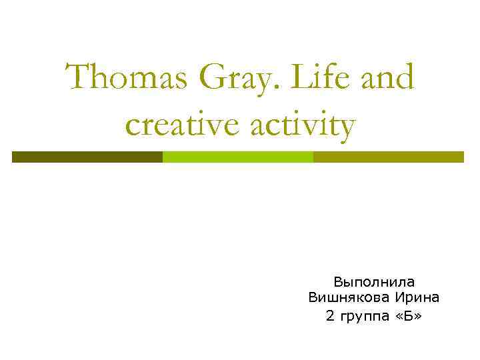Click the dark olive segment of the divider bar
[x=87, y=157]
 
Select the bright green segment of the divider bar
[x=238, y=157]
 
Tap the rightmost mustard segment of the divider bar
[x=388, y=157]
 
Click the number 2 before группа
[x=330, y=315]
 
